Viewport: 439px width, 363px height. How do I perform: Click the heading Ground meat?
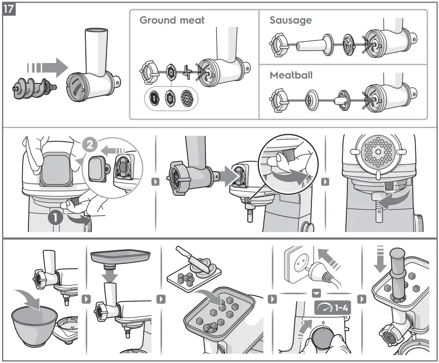[172, 20]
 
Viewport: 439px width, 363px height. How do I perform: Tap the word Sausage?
[290, 21]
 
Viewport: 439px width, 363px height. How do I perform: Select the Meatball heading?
[291, 76]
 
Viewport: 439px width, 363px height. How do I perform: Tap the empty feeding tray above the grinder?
[120, 256]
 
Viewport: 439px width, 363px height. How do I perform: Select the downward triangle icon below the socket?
[316, 293]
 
